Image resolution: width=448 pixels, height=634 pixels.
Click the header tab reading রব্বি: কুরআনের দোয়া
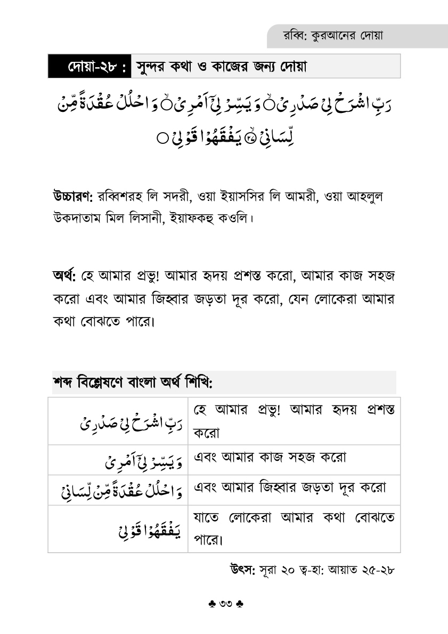pyautogui.click(x=334, y=36)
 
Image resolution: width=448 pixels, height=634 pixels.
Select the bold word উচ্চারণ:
pyautogui.click(x=73, y=196)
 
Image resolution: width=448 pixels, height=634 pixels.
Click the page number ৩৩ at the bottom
pyautogui.click(x=224, y=604)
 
